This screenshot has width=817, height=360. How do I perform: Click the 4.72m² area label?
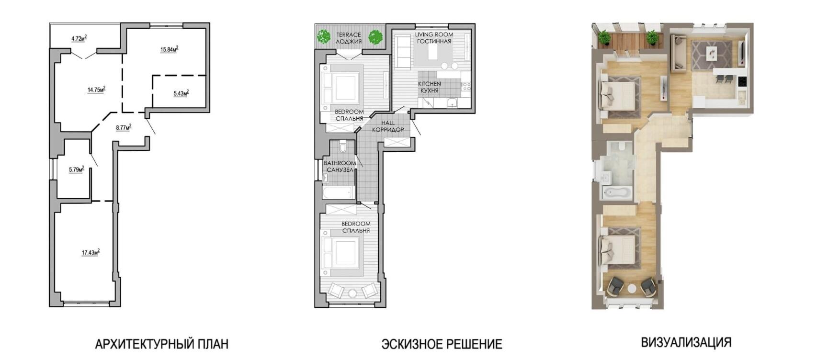(79, 38)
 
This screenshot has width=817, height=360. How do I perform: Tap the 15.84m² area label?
(169, 49)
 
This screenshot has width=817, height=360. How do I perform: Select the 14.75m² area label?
(96, 90)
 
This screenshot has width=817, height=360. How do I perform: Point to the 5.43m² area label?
(182, 93)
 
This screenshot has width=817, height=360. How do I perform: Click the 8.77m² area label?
(124, 127)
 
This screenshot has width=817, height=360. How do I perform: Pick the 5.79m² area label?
(77, 169)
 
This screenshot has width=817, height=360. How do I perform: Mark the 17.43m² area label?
(91, 252)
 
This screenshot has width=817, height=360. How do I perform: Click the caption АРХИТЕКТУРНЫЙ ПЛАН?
(161, 344)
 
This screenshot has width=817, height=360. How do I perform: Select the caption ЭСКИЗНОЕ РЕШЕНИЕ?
(442, 344)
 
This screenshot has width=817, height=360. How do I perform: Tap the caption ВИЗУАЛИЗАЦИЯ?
(686, 342)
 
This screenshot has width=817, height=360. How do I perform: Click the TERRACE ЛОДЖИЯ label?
(349, 38)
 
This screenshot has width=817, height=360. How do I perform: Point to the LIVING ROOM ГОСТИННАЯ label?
(434, 38)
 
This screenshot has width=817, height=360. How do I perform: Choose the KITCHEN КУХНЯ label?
(429, 87)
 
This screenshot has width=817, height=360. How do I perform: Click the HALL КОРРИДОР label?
(388, 126)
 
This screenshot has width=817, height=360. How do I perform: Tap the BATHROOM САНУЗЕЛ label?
(340, 166)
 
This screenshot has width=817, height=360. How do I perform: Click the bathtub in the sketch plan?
(338, 192)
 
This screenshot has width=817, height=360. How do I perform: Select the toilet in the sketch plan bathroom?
(342, 146)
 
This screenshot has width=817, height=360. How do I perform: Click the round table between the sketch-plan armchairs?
(352, 293)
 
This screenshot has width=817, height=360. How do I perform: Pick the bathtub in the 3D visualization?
(617, 192)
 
